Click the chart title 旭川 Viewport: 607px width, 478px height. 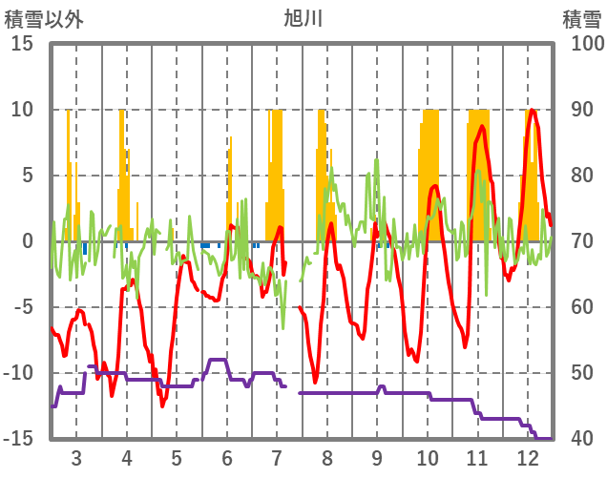303,18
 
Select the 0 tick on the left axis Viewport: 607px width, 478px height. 29,241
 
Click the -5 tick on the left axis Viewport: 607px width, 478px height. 24,307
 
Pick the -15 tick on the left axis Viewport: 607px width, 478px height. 20,439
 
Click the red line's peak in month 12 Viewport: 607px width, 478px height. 533,111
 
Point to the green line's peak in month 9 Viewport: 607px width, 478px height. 377,160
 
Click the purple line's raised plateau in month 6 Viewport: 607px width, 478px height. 218,360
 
